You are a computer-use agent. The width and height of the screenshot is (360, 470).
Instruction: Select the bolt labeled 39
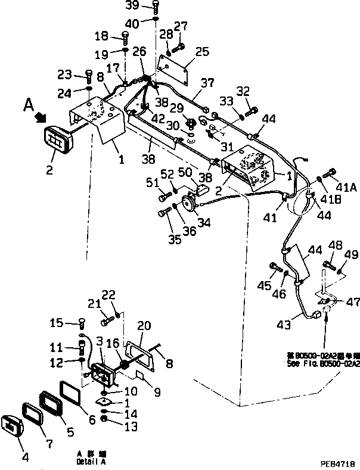[x=155, y=7]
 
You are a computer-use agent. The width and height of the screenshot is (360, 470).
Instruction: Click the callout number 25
[x=202, y=52]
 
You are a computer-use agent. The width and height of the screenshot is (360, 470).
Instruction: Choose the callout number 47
[x=353, y=302]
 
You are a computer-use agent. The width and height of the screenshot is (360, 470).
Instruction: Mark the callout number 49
[x=351, y=255]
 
